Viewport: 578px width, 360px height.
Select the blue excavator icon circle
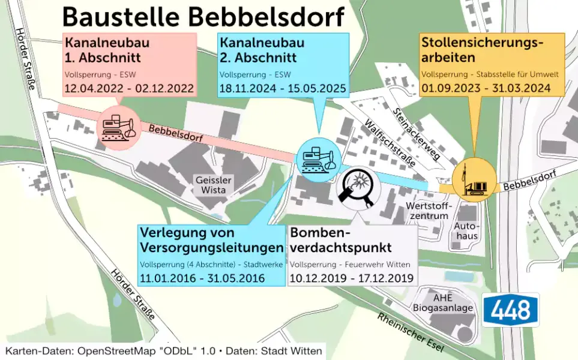coord(318,158)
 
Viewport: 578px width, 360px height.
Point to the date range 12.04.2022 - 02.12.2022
coord(130,89)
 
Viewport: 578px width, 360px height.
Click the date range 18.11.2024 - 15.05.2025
coord(283,89)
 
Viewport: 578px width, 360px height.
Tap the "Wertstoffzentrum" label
coord(427,211)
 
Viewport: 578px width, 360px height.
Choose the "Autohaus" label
coord(466,231)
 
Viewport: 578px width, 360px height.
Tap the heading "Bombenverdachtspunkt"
coord(341,240)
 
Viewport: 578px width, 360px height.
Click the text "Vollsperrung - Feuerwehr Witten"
coord(350,264)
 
